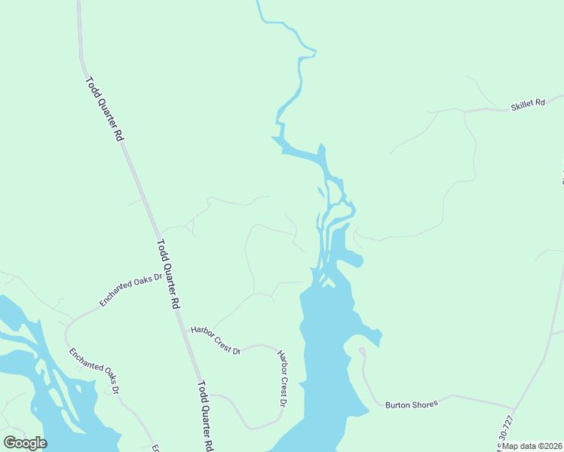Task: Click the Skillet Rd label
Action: click(527, 103)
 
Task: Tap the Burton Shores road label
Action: click(411, 405)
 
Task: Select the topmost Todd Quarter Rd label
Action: click(104, 109)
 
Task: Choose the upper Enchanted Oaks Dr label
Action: click(131, 290)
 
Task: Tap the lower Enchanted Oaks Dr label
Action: click(94, 371)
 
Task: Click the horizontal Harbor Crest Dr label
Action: click(215, 341)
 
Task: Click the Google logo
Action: click(25, 443)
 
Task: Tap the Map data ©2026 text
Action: click(532, 446)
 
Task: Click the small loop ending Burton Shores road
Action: click(362, 351)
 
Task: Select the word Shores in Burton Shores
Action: click(422, 405)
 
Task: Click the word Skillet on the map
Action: click(521, 105)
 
